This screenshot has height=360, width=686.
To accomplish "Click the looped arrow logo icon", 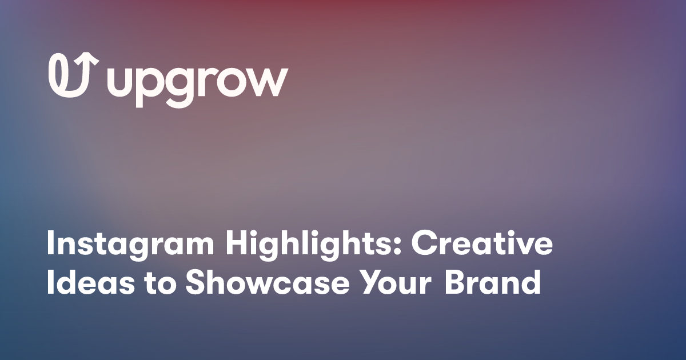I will point(73,75).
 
